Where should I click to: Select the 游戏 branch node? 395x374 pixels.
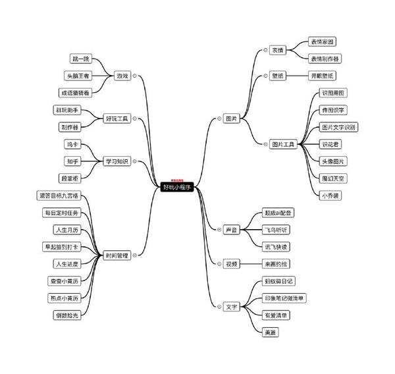click(121, 76)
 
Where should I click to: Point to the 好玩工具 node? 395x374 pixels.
click(118, 119)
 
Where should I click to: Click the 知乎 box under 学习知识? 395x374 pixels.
click(72, 161)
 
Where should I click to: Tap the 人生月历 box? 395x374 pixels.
click(67, 230)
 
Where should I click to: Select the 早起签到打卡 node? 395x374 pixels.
click(61, 247)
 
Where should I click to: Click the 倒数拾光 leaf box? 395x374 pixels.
click(67, 315)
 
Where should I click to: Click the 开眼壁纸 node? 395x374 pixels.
click(323, 76)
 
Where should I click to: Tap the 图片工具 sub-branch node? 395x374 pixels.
click(283, 144)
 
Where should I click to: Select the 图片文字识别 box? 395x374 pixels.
click(338, 126)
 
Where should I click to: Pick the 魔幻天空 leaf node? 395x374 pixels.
click(333, 178)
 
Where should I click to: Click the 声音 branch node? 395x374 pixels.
click(231, 230)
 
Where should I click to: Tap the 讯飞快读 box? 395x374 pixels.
click(276, 246)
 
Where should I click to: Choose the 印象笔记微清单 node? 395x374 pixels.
click(284, 298)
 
